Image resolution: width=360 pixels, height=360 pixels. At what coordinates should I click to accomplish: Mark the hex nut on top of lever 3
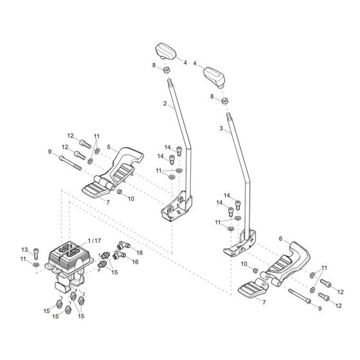pyautogui.click(x=224, y=100)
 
